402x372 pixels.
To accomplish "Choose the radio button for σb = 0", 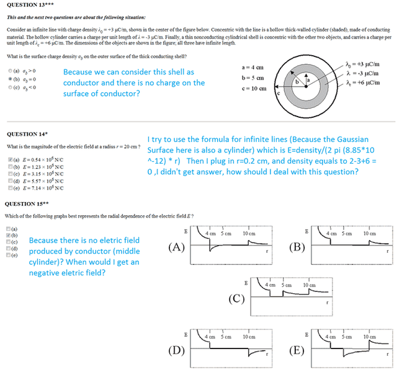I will tap(9, 79).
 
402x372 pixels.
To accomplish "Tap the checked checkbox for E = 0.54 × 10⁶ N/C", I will tap(9, 161).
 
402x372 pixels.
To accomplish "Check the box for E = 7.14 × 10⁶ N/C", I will tap(9, 187).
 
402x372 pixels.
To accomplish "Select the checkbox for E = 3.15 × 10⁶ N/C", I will tap(9, 174).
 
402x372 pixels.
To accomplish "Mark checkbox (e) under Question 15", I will tap(9, 254).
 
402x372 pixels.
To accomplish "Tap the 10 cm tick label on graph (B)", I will tap(370, 233).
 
